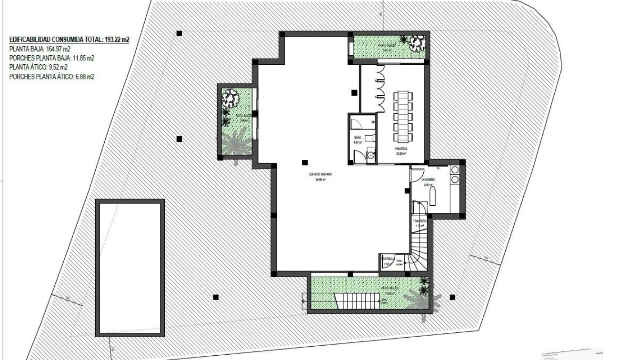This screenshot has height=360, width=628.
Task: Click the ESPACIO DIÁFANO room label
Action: click(x=320, y=175)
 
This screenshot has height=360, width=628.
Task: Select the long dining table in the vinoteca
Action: click(x=403, y=117)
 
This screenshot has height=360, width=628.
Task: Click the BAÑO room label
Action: click(x=358, y=137)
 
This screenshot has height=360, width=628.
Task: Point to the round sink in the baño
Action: click(x=370, y=155)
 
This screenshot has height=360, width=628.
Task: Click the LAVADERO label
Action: click(x=427, y=180)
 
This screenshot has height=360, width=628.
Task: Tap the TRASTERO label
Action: click(x=419, y=221)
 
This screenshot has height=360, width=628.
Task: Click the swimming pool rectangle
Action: click(x=130, y=267)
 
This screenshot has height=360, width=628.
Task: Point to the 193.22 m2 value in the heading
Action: click(x=117, y=40)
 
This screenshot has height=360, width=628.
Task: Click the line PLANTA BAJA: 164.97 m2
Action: click(x=40, y=49)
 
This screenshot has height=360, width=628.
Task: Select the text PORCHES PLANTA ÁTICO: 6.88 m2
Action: click(x=51, y=76)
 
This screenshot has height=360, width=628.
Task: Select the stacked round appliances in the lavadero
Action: click(x=454, y=174)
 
